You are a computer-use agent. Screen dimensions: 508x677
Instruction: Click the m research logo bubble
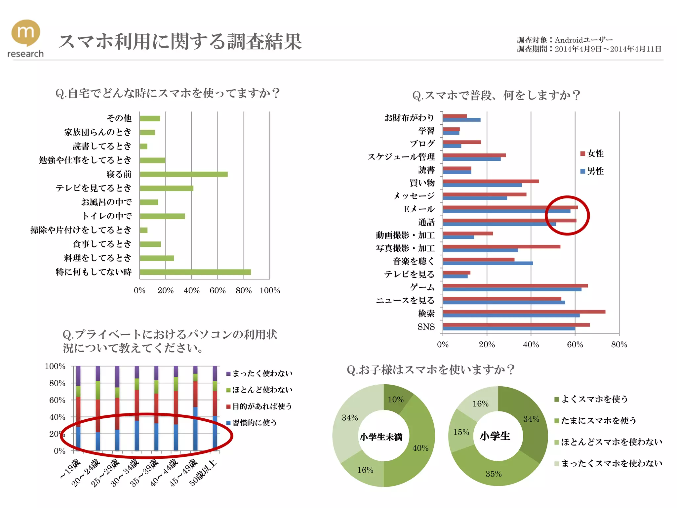(26, 32)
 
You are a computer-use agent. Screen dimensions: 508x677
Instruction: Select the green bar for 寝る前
(183, 174)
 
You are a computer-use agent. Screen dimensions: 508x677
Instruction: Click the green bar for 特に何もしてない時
(195, 272)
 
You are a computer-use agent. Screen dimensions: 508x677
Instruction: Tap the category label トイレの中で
(107, 216)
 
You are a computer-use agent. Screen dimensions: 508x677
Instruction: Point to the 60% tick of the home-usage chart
(218, 290)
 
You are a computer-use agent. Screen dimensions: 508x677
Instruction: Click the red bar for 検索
(524, 312)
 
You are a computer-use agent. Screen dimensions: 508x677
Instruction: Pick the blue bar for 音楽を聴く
(488, 263)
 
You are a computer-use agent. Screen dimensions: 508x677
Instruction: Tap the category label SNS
(426, 327)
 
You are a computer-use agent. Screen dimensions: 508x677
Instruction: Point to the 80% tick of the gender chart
(619, 345)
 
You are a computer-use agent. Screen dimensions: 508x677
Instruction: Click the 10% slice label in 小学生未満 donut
(396, 400)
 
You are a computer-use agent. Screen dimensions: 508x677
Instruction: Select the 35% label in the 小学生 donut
(493, 474)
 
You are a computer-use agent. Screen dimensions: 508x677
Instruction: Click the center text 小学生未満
(381, 437)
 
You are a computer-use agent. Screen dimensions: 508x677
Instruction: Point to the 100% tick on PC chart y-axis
(55, 366)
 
